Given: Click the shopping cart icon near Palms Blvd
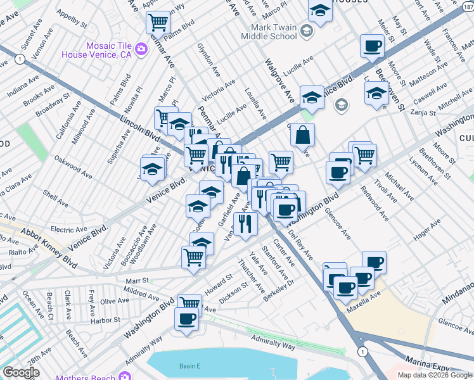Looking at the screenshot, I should (x=158, y=23).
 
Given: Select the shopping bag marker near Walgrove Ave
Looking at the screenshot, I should (x=303, y=134).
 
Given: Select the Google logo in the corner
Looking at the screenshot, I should (x=22, y=372).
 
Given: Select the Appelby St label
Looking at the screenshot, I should (x=72, y=18).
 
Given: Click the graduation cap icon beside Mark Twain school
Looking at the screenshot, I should (x=306, y=30).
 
